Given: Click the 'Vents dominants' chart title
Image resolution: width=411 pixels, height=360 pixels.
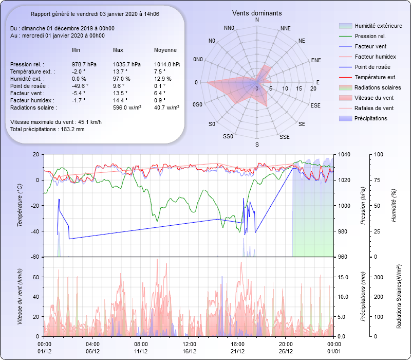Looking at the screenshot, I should pyautogui.click(x=257, y=13).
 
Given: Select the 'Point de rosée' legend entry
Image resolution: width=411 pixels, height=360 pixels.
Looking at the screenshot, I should pyautogui.click(x=372, y=67).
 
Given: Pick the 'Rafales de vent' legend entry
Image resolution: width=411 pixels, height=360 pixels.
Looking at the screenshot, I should pyautogui.click(x=374, y=108).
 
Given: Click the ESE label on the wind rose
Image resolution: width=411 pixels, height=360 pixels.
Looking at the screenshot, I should pyautogui.click(x=316, y=105).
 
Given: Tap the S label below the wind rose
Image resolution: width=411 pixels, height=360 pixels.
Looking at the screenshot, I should pyautogui.click(x=257, y=145).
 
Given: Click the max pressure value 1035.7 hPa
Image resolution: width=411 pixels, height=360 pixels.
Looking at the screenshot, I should pyautogui.click(x=127, y=64).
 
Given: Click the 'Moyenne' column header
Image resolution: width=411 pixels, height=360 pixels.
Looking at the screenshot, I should pyautogui.click(x=165, y=50).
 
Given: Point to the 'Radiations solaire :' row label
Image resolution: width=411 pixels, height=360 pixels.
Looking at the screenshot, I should pyautogui.click(x=33, y=107).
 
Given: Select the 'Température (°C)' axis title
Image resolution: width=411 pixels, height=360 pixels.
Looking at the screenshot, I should pyautogui.click(x=20, y=206).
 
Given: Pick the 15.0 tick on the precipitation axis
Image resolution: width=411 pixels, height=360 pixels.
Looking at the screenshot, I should pyautogui.click(x=344, y=277).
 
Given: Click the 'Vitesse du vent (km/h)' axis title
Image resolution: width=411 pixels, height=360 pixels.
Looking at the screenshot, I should pyautogui.click(x=20, y=297).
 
